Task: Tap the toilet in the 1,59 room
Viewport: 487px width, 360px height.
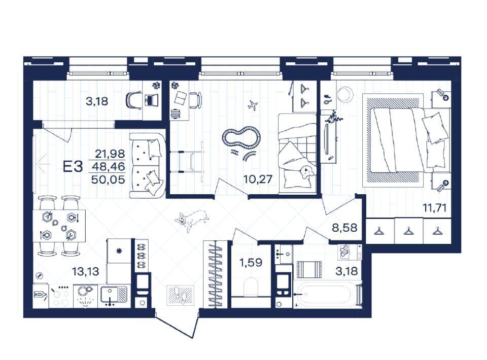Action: pyautogui.click(x=251, y=287)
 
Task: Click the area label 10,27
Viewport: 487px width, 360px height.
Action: pyautogui.click(x=258, y=179)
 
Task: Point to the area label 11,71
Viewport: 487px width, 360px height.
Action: pyautogui.click(x=435, y=207)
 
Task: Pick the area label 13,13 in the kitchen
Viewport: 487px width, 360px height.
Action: pyautogui.click(x=85, y=272)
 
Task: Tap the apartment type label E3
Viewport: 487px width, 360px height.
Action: pyautogui.click(x=73, y=167)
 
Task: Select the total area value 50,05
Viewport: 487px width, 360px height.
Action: pyautogui.click(x=109, y=179)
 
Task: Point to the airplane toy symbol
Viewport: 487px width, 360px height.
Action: pyautogui.click(x=253, y=105)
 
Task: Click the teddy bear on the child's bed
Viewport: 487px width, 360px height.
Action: pyautogui.click(x=306, y=172)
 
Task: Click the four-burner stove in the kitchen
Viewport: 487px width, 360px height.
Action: pyautogui.click(x=60, y=296)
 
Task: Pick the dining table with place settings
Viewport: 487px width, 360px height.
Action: pyautogui.click(x=59, y=226)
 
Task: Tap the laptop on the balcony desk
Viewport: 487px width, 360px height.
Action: pyautogui.click(x=150, y=100)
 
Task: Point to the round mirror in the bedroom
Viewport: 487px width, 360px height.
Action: pyautogui.click(x=345, y=94)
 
